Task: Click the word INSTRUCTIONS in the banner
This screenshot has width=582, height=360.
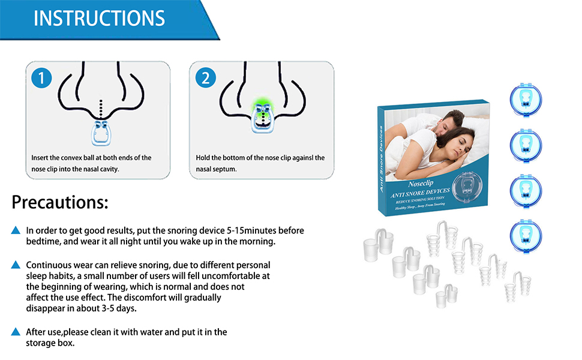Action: click(99, 18)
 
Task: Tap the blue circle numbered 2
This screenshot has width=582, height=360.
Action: click(206, 77)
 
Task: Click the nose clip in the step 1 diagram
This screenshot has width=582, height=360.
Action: click(100, 131)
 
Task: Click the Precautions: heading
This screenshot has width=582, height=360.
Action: click(60, 202)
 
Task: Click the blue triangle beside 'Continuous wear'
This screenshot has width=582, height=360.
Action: click(16, 265)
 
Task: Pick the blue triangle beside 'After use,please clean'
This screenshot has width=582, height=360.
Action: click(16, 332)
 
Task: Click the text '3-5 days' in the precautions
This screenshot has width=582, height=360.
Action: click(119, 309)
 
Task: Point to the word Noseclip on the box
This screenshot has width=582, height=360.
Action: click(425, 184)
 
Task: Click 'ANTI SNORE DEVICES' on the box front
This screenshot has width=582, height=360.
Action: click(419, 193)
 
